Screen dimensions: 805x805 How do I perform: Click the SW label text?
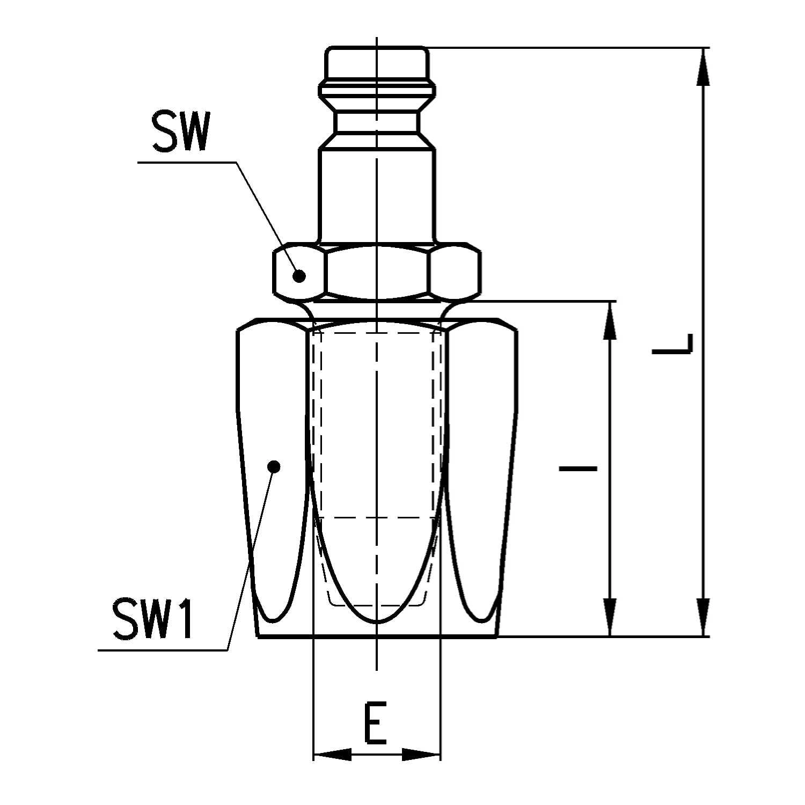[180, 132]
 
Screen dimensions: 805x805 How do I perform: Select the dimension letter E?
[376, 723]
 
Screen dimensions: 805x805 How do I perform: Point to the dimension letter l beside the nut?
[578, 469]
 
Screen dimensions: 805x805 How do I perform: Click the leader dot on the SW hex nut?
[299, 276]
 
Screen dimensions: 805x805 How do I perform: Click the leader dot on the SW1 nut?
[274, 467]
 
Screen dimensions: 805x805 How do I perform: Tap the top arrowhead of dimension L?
[703, 67]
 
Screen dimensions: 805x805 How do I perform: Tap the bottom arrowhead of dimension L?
[703, 617]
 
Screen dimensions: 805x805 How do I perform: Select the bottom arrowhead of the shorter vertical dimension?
[610, 617]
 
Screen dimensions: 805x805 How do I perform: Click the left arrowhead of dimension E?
[332, 755]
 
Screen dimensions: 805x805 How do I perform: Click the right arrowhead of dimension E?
[421, 755]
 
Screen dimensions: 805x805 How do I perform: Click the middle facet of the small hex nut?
[377, 272]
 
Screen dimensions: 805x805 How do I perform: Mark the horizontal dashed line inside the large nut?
[377, 517]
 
